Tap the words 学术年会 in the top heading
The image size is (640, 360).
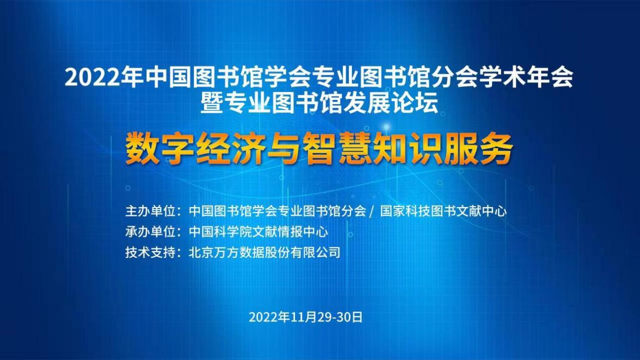(x=526, y=77)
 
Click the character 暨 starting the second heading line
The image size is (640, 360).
(x=212, y=103)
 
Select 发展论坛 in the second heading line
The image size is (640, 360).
(x=390, y=103)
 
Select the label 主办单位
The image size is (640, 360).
(x=151, y=211)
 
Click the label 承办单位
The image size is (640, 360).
(x=151, y=232)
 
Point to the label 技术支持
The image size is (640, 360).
(x=151, y=252)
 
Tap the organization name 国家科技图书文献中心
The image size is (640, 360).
(x=443, y=211)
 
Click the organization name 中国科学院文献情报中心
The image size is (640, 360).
(x=258, y=232)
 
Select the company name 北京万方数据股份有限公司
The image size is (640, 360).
(x=264, y=252)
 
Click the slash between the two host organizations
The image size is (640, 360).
(x=372, y=212)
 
